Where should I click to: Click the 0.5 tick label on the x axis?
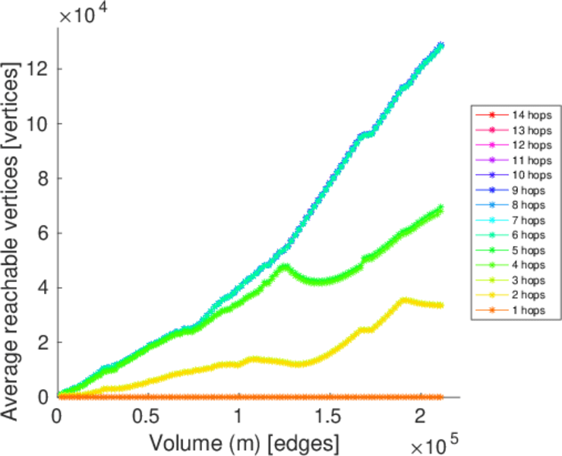point(148,417)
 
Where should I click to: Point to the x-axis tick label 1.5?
point(330,417)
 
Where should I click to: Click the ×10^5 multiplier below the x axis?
point(432,442)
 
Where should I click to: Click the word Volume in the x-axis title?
point(182,442)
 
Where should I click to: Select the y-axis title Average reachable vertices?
point(15,224)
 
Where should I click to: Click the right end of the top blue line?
point(440,46)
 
